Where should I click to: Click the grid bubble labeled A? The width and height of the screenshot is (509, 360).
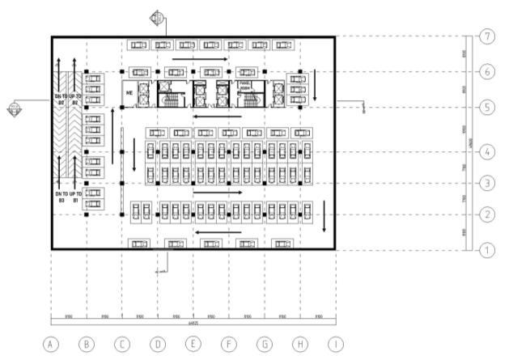pos(51,344)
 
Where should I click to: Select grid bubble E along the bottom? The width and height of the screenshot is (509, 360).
pos(193,344)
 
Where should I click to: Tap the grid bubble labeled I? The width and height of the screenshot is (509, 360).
pos(336,344)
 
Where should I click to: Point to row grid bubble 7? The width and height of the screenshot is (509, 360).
pos(486,37)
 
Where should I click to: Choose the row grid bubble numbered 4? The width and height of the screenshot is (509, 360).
pos(486,152)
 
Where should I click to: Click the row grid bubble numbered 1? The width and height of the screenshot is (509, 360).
pos(486,251)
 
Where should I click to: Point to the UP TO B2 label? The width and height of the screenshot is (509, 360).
pos(74,100)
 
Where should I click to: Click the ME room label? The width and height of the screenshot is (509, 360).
pos(129,94)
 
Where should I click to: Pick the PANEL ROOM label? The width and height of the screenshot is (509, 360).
pos(244,86)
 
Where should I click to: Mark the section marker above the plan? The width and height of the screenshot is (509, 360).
pos(157,18)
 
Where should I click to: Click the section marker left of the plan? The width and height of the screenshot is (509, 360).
pos(14,109)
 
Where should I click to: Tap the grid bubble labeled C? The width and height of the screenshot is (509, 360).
pos(122,344)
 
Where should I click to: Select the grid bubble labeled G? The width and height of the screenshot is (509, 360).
pos(265,344)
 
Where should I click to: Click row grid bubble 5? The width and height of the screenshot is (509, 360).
pos(486,106)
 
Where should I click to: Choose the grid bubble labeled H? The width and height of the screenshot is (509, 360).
pos(300,344)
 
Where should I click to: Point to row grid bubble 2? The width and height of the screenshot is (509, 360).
pos(486,214)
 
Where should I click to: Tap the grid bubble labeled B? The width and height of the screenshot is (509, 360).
pos(87,344)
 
